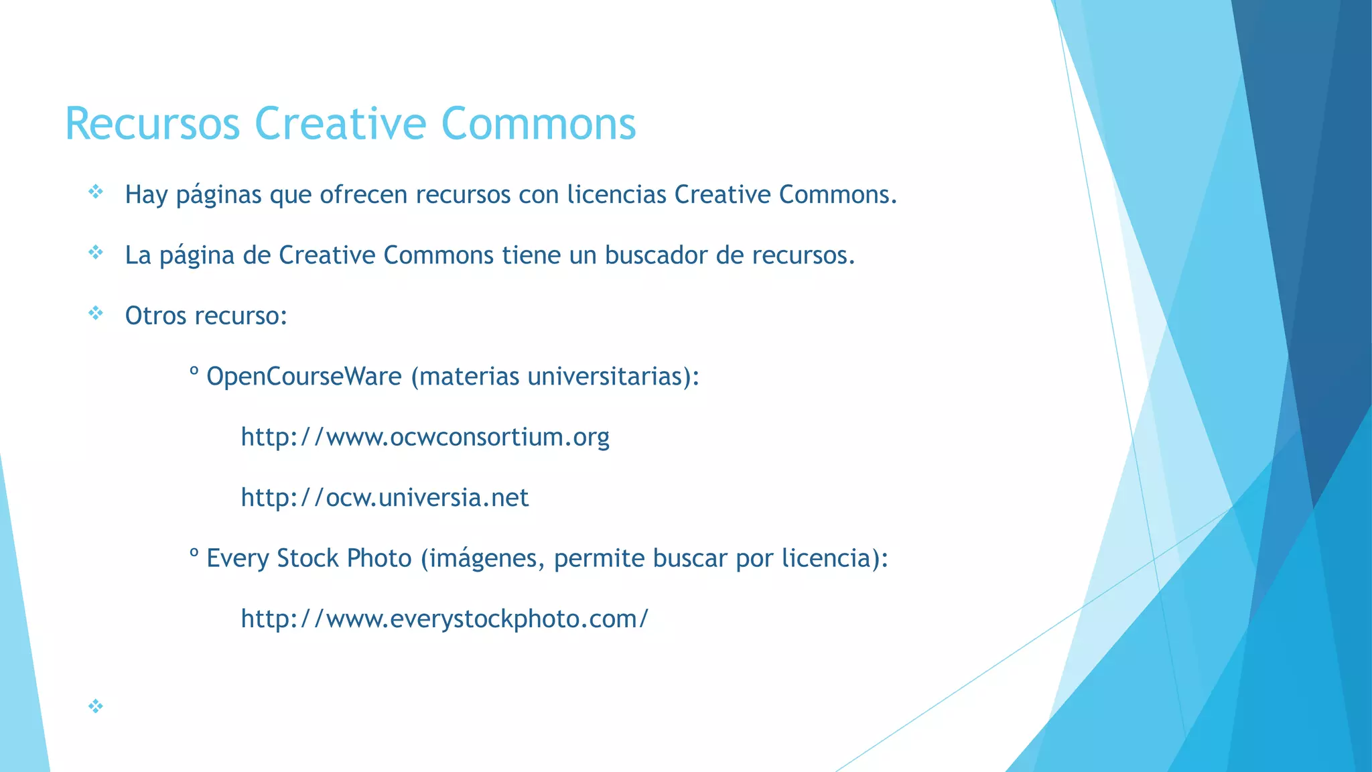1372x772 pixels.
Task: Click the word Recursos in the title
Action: click(152, 124)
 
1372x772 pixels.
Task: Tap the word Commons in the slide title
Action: click(539, 124)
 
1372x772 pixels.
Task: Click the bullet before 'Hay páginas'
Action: click(96, 193)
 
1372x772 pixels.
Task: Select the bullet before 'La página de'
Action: click(96, 253)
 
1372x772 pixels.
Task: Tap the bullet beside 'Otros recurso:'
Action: click(96, 314)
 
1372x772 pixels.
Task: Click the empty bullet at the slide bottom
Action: click(96, 706)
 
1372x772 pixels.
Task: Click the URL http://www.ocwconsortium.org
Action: click(425, 437)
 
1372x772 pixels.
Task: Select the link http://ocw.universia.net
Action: click(385, 498)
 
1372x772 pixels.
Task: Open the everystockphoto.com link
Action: click(444, 619)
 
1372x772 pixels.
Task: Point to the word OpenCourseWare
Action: click(304, 377)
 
